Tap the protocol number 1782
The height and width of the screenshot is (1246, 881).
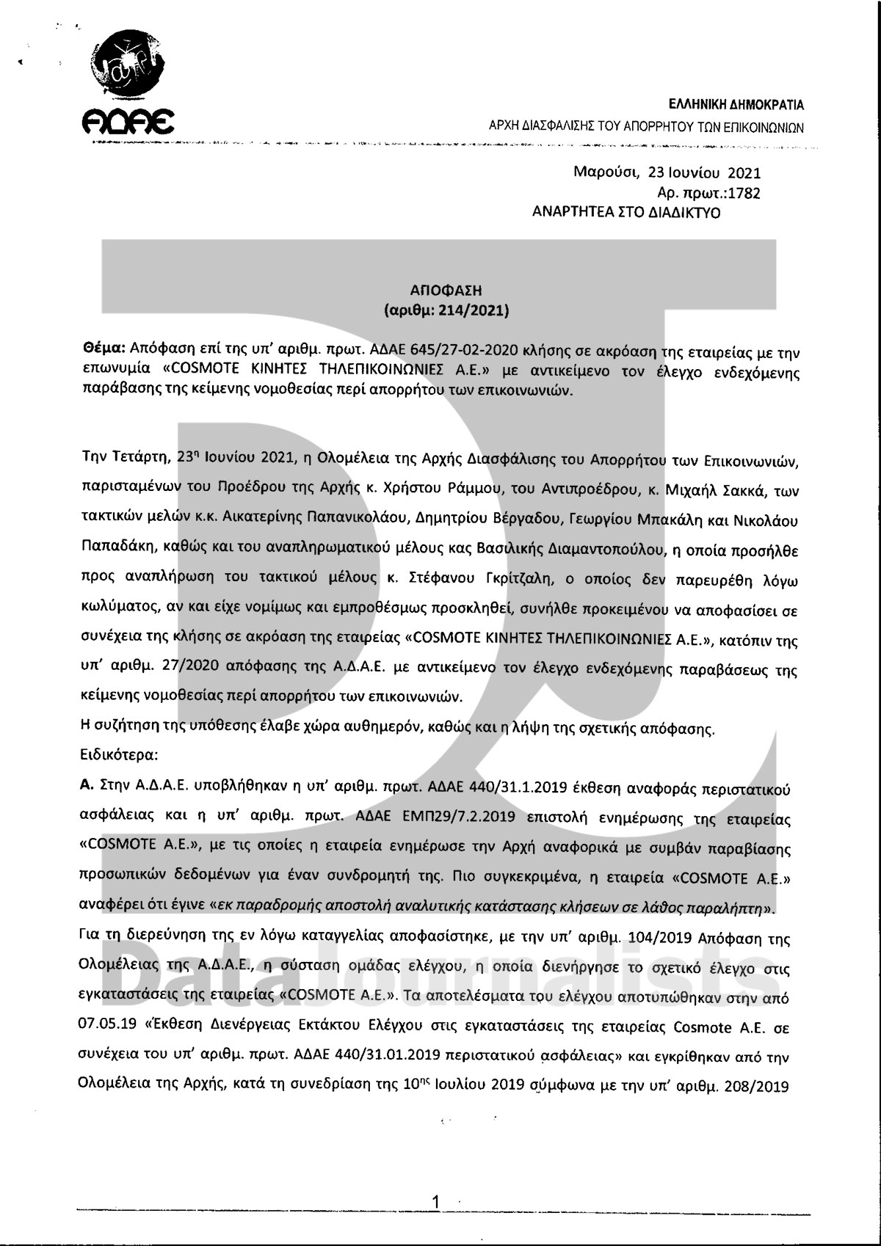point(744,193)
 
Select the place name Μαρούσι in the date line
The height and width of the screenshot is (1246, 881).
point(603,173)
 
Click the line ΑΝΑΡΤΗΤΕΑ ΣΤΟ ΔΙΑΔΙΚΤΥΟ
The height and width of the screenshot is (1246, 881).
point(626,213)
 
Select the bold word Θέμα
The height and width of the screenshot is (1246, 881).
point(102,351)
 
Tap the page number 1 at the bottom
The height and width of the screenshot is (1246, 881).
point(437,1201)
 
